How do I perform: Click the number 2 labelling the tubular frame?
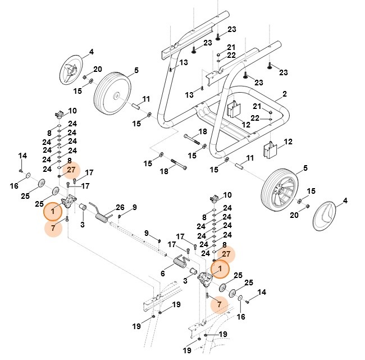(285, 93)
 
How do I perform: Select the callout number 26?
(119, 207)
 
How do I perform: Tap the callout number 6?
(162, 274)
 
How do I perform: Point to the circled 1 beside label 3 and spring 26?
(53, 212)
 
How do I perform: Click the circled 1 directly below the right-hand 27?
(220, 269)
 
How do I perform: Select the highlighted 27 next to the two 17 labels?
(71, 169)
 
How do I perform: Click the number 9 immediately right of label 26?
(134, 208)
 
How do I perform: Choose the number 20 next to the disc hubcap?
(98, 69)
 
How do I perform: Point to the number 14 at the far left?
(22, 155)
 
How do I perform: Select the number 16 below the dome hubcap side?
(241, 317)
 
